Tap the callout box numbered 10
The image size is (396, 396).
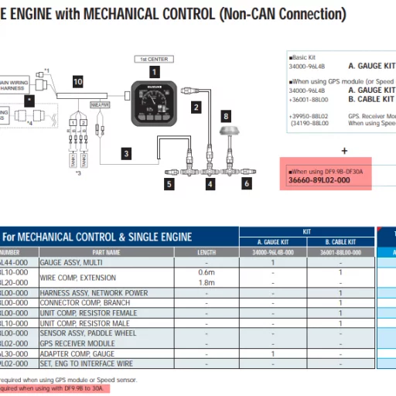[77, 80]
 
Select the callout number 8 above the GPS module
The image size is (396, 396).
[226, 115]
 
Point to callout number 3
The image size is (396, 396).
[125, 153]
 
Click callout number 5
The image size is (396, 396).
[169, 184]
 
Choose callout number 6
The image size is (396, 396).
[247, 183]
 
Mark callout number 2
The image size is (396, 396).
[196, 107]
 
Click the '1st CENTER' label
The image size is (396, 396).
[153, 59]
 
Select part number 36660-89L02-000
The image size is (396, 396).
[318, 179]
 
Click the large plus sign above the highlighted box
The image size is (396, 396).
[344, 151]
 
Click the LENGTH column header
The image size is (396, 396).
[207, 252]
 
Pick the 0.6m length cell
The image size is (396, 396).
[207, 272]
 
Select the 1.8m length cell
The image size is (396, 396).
[207, 282]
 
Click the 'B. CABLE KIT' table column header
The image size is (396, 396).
[340, 241]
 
